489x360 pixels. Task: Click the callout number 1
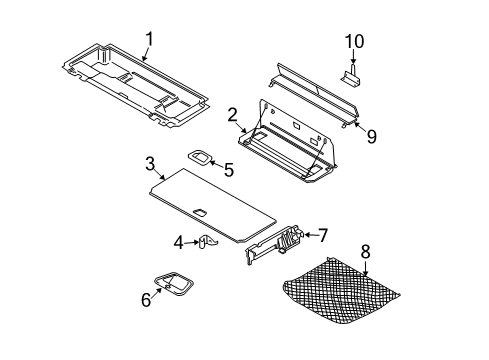[149, 39]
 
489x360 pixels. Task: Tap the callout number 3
[149, 162]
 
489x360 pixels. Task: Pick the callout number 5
[228, 170]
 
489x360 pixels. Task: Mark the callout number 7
[322, 236]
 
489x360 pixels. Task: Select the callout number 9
[371, 137]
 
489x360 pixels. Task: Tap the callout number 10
[355, 41]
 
